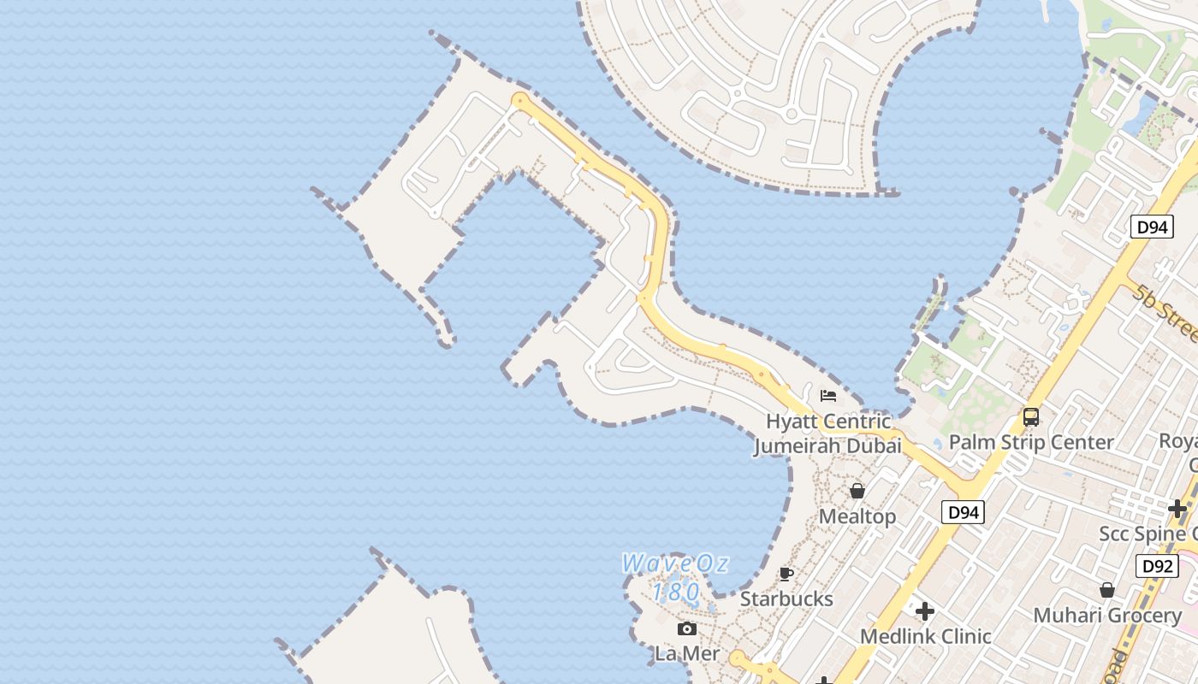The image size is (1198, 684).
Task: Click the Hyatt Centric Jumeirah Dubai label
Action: (827, 433)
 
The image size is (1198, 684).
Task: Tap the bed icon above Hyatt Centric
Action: (827, 395)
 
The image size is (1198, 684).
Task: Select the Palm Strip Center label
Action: (1031, 442)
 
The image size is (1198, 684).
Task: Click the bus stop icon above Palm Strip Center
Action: (1031, 417)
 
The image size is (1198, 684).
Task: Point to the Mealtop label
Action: (857, 516)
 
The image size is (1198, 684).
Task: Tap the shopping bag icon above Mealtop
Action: (857, 491)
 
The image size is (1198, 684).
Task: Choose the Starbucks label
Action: (786, 598)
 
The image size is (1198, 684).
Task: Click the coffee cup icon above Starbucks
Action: (786, 574)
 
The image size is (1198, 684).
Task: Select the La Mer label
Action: (687, 654)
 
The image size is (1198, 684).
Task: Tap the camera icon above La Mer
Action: (687, 629)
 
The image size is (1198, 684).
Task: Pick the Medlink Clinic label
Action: (925, 636)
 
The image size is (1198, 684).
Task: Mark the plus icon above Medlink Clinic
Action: (925, 611)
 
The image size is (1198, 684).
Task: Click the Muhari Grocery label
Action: (1107, 616)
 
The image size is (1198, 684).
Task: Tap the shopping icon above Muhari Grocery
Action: (1107, 590)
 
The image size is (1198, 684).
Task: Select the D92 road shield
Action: (1157, 565)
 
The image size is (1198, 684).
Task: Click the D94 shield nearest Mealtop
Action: (963, 512)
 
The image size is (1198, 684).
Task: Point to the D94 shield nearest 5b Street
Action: (1152, 227)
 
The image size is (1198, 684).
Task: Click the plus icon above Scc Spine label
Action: (1177, 509)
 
